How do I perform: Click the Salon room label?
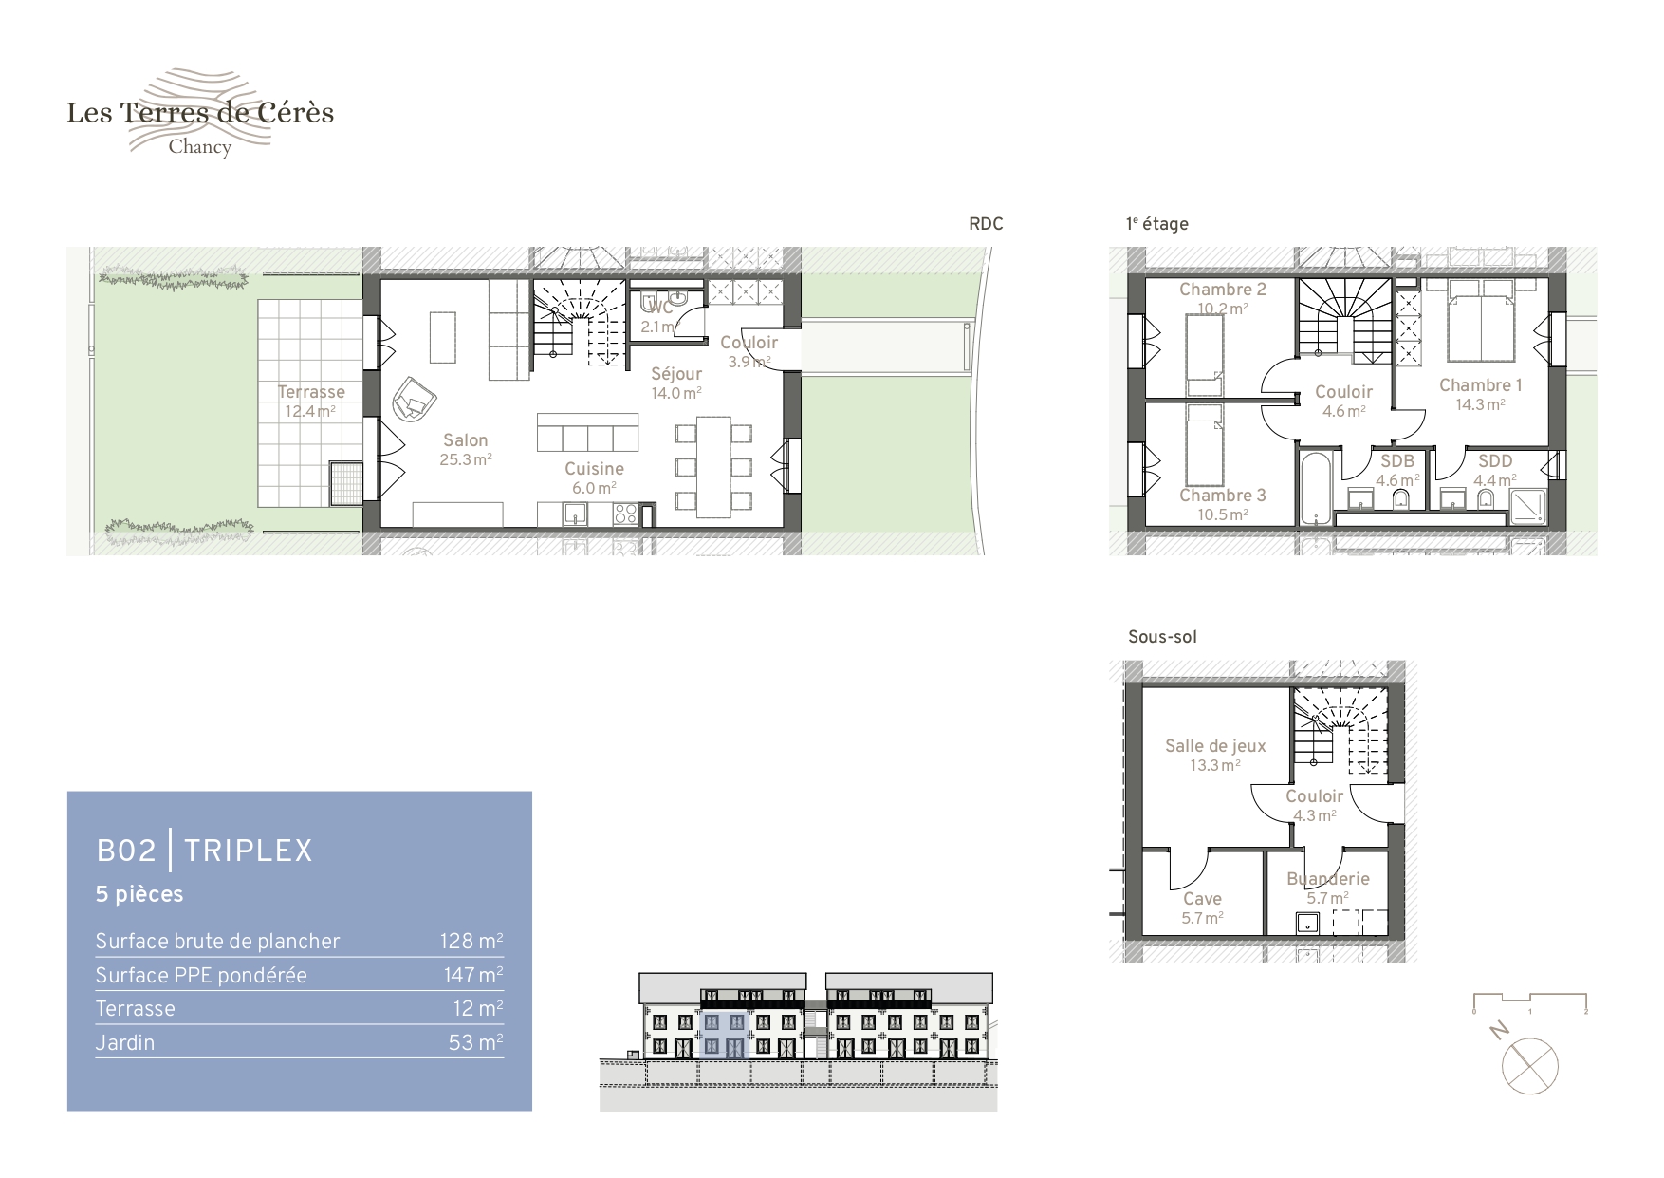point(465,440)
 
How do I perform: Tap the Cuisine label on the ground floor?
point(594,469)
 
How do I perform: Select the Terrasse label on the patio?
point(311,392)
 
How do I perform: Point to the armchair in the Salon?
point(415,398)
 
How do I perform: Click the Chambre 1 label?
point(1480,385)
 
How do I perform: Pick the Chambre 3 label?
point(1222,496)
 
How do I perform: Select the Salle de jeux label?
point(1215,746)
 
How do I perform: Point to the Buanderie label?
point(1327,879)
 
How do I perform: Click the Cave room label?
point(1202,899)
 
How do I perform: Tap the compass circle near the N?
point(1529,1066)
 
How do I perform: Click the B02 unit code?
point(126,851)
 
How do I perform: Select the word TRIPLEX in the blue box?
point(248,851)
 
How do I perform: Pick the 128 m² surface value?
point(471,941)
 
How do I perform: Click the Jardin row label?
point(124,1042)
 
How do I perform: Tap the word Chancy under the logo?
point(199,147)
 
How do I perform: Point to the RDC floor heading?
point(986,224)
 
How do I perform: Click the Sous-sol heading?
point(1162,637)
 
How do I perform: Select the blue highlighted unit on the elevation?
point(726,1036)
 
